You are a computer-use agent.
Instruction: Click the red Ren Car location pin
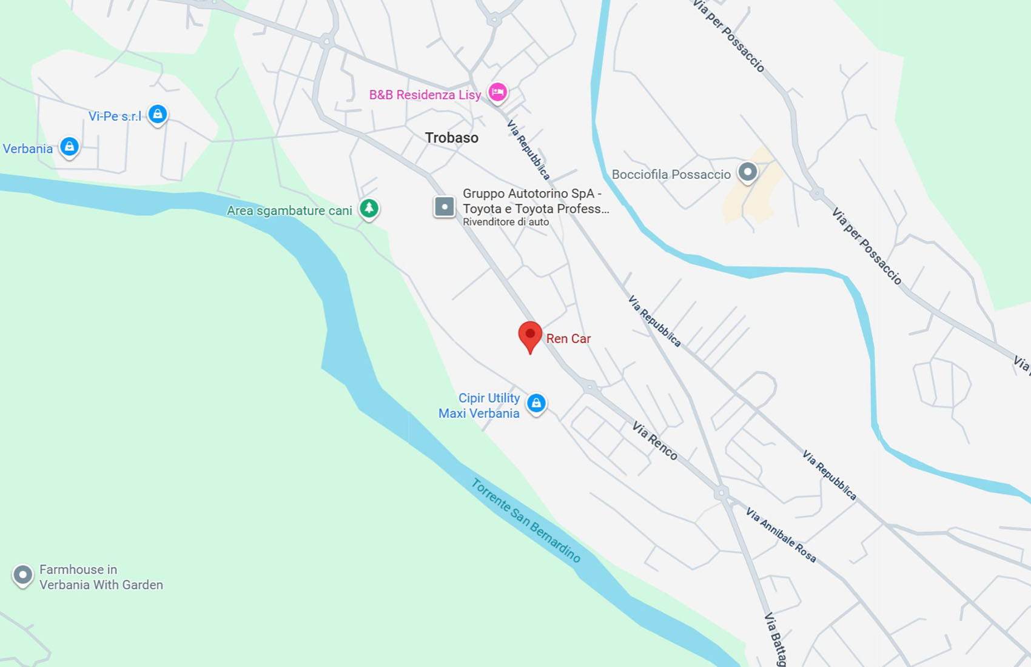[530, 335]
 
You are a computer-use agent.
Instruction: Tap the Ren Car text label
[568, 339]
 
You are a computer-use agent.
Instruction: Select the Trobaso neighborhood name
[452, 138]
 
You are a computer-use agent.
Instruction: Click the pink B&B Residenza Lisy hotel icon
[498, 92]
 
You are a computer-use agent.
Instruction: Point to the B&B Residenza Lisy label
[425, 95]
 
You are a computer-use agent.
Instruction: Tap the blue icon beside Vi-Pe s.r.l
[158, 113]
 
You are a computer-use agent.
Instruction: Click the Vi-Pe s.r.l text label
[115, 116]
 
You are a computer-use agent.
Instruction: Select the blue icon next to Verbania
[70, 146]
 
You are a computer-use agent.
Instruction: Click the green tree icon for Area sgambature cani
[369, 208]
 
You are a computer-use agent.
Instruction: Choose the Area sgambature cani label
[289, 210]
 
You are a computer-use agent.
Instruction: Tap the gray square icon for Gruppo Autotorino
[445, 207]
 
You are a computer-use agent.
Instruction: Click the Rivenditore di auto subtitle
[506, 222]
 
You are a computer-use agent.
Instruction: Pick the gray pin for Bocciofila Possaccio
[748, 172]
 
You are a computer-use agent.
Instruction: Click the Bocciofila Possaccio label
[671, 175]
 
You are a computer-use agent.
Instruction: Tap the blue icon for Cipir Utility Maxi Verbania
[536, 403]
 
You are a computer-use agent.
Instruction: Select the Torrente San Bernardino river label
[526, 520]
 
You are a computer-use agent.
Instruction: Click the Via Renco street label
[654, 441]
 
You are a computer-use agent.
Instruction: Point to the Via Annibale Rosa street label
[781, 535]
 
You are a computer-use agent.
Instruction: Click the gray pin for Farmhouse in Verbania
[23, 574]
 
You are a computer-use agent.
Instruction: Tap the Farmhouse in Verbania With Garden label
[101, 577]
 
